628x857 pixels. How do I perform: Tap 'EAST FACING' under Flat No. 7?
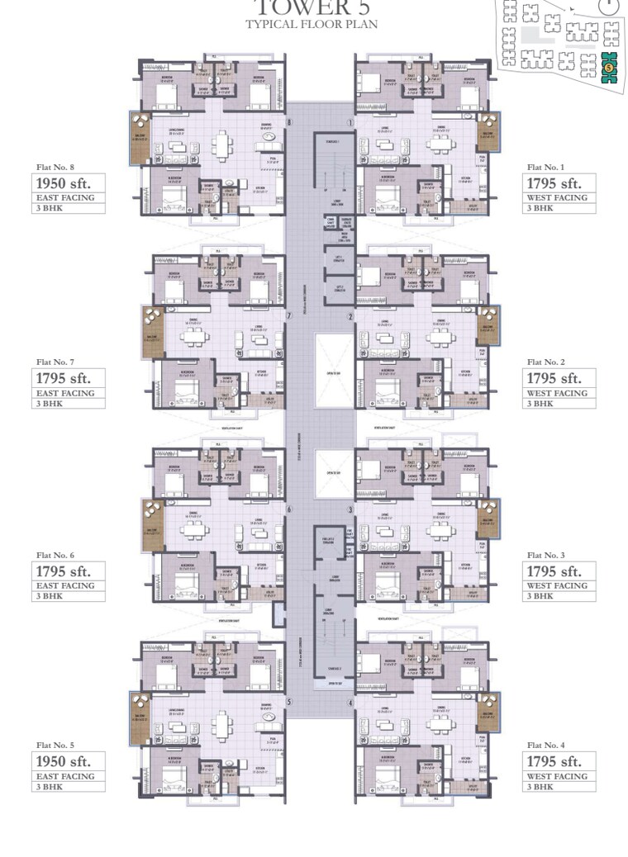(64, 393)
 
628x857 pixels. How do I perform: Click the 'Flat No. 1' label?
(546, 168)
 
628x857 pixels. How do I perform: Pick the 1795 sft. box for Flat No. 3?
(559, 571)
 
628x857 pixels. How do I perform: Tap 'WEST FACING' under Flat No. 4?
(558, 776)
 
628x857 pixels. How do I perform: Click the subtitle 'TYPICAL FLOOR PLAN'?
(312, 24)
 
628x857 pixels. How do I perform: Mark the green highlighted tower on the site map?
(609, 67)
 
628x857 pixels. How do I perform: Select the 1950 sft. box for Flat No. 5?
(69, 761)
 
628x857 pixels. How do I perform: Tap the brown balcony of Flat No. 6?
(153, 518)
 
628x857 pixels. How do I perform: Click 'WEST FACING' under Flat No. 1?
(558, 198)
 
